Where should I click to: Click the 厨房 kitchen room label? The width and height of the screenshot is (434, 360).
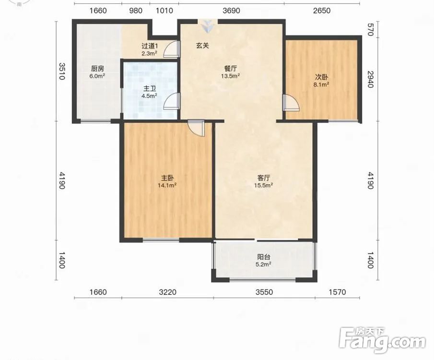(x=97, y=69)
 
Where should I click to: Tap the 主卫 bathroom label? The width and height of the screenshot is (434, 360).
(x=150, y=89)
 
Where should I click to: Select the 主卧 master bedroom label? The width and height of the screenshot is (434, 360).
(x=167, y=178)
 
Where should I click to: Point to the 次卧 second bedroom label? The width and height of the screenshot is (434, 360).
(x=321, y=77)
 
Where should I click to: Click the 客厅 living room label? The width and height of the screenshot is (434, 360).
(x=263, y=178)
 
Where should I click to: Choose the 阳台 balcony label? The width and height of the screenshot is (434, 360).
(x=263, y=257)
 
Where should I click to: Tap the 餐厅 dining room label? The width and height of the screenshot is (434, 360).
(x=230, y=69)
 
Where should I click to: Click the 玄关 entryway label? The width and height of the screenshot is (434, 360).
(x=202, y=46)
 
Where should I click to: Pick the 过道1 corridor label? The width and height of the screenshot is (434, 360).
(x=150, y=46)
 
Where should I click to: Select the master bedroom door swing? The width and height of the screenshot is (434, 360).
(x=196, y=128)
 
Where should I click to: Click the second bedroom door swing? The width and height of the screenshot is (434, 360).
(x=291, y=103)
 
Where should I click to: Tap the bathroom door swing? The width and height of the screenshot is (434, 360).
(x=172, y=102)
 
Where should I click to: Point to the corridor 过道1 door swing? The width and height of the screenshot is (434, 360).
(x=172, y=49)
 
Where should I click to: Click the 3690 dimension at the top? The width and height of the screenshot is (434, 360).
(x=231, y=11)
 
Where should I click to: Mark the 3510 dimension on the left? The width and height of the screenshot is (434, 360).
(x=62, y=71)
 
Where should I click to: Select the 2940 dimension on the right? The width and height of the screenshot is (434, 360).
(x=371, y=79)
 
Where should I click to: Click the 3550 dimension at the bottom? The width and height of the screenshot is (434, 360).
(x=264, y=292)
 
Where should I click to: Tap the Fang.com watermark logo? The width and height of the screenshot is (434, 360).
(x=382, y=340)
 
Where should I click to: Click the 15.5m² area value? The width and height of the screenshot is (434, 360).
(x=263, y=185)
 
